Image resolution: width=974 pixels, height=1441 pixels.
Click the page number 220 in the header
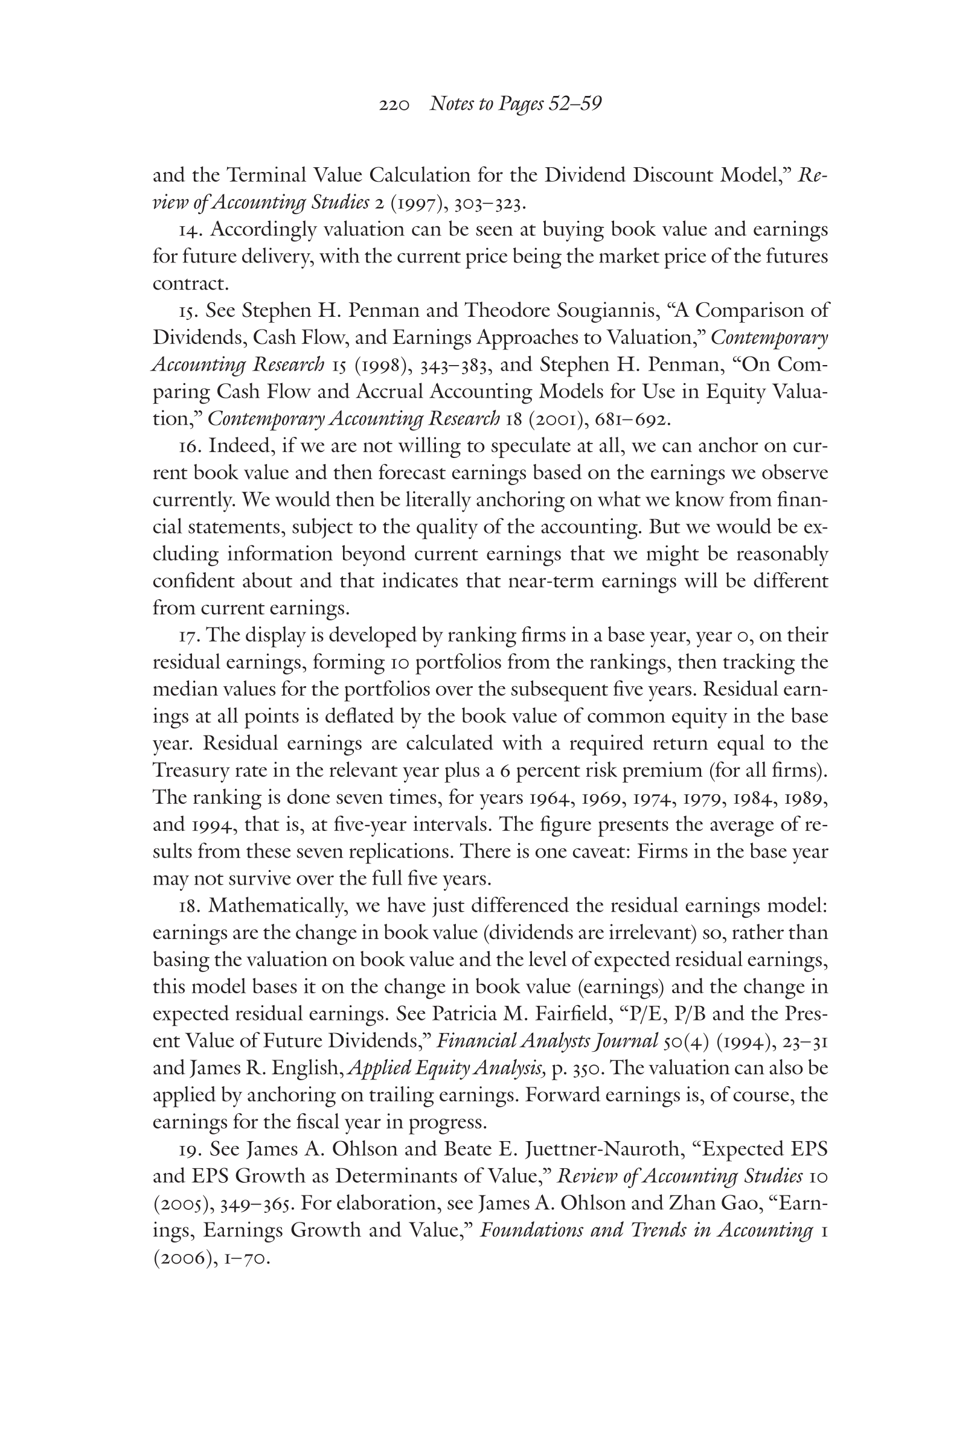click(x=394, y=105)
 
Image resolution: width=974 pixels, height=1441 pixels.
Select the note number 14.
click(x=188, y=230)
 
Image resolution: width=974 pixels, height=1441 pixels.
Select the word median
click(x=181, y=690)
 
